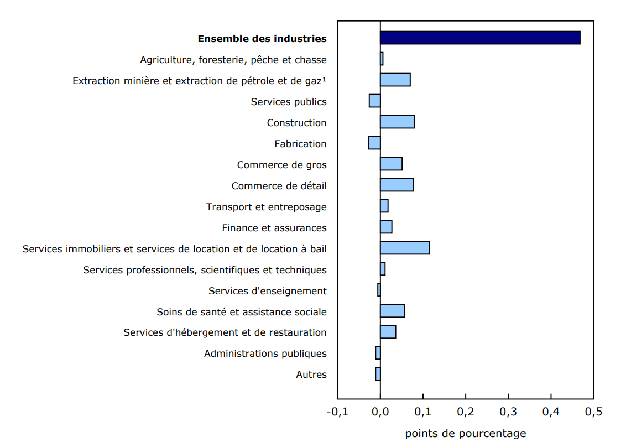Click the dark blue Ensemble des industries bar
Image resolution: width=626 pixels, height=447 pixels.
(x=480, y=38)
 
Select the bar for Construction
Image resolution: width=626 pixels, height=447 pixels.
(x=397, y=122)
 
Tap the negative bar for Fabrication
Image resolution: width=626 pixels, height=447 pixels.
(x=374, y=143)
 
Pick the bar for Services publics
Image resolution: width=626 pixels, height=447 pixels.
(x=375, y=101)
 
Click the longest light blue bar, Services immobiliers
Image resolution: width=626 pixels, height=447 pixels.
(x=405, y=248)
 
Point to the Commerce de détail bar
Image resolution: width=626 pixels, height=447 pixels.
(x=397, y=185)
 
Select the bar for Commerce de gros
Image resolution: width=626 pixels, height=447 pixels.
(x=391, y=164)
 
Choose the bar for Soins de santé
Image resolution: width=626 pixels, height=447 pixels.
(x=393, y=311)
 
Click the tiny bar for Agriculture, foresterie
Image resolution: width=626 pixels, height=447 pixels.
(x=382, y=59)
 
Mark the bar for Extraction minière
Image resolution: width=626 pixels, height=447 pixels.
(x=395, y=80)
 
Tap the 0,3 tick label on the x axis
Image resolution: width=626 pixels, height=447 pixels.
(x=508, y=412)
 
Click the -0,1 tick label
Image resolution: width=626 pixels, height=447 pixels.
(x=337, y=412)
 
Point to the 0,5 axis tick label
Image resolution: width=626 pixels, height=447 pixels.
(x=593, y=412)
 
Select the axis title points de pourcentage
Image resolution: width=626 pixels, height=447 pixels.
(x=466, y=433)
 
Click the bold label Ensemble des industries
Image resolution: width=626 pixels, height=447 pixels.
(x=262, y=39)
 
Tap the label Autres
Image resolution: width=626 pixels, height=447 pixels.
(x=311, y=375)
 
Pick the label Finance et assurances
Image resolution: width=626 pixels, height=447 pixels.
(x=274, y=228)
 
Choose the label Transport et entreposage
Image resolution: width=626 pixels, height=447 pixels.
(x=267, y=207)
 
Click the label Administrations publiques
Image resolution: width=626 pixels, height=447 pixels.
(x=265, y=354)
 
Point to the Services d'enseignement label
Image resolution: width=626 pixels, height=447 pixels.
(x=268, y=291)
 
